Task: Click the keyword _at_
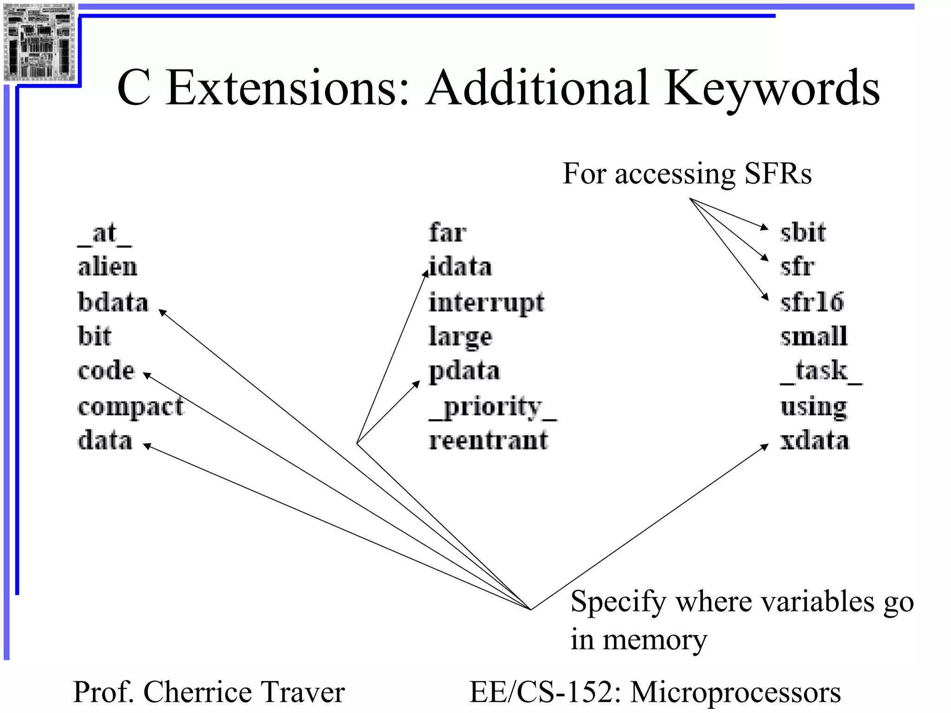pos(104,234)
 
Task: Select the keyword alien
pos(107,267)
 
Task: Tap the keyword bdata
pos(113,302)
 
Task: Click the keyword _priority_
pos(493,408)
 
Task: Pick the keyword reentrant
pos(488,441)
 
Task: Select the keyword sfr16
pos(812,302)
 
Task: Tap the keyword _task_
pos(821,372)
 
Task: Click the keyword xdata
pos(814,441)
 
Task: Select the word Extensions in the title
pos(287,88)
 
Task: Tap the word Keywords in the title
pos(771,88)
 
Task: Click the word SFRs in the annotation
pos(778,174)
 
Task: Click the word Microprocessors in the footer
pos(735,692)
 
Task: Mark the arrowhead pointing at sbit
pos(764,227)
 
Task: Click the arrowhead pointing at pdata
pos(417,384)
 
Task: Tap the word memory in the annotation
pos(655,640)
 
